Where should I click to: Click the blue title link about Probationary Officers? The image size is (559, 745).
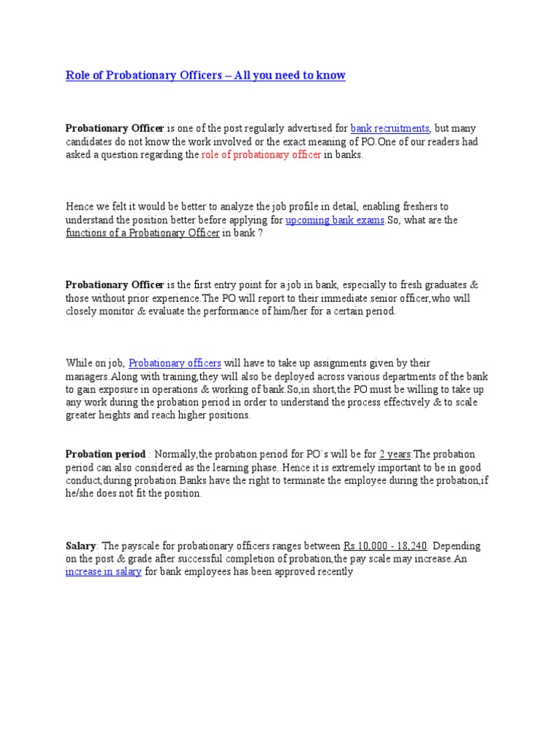205,76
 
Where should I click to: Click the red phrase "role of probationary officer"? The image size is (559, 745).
261,155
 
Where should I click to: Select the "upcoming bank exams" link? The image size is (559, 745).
335,220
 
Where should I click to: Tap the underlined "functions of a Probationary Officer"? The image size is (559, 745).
143,233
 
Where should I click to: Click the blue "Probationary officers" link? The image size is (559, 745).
175,362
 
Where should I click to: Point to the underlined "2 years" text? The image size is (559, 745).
395,454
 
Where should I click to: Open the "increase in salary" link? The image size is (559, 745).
98,572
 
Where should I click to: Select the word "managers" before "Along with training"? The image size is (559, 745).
87,375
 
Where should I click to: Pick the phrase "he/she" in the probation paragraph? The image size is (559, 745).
81,493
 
